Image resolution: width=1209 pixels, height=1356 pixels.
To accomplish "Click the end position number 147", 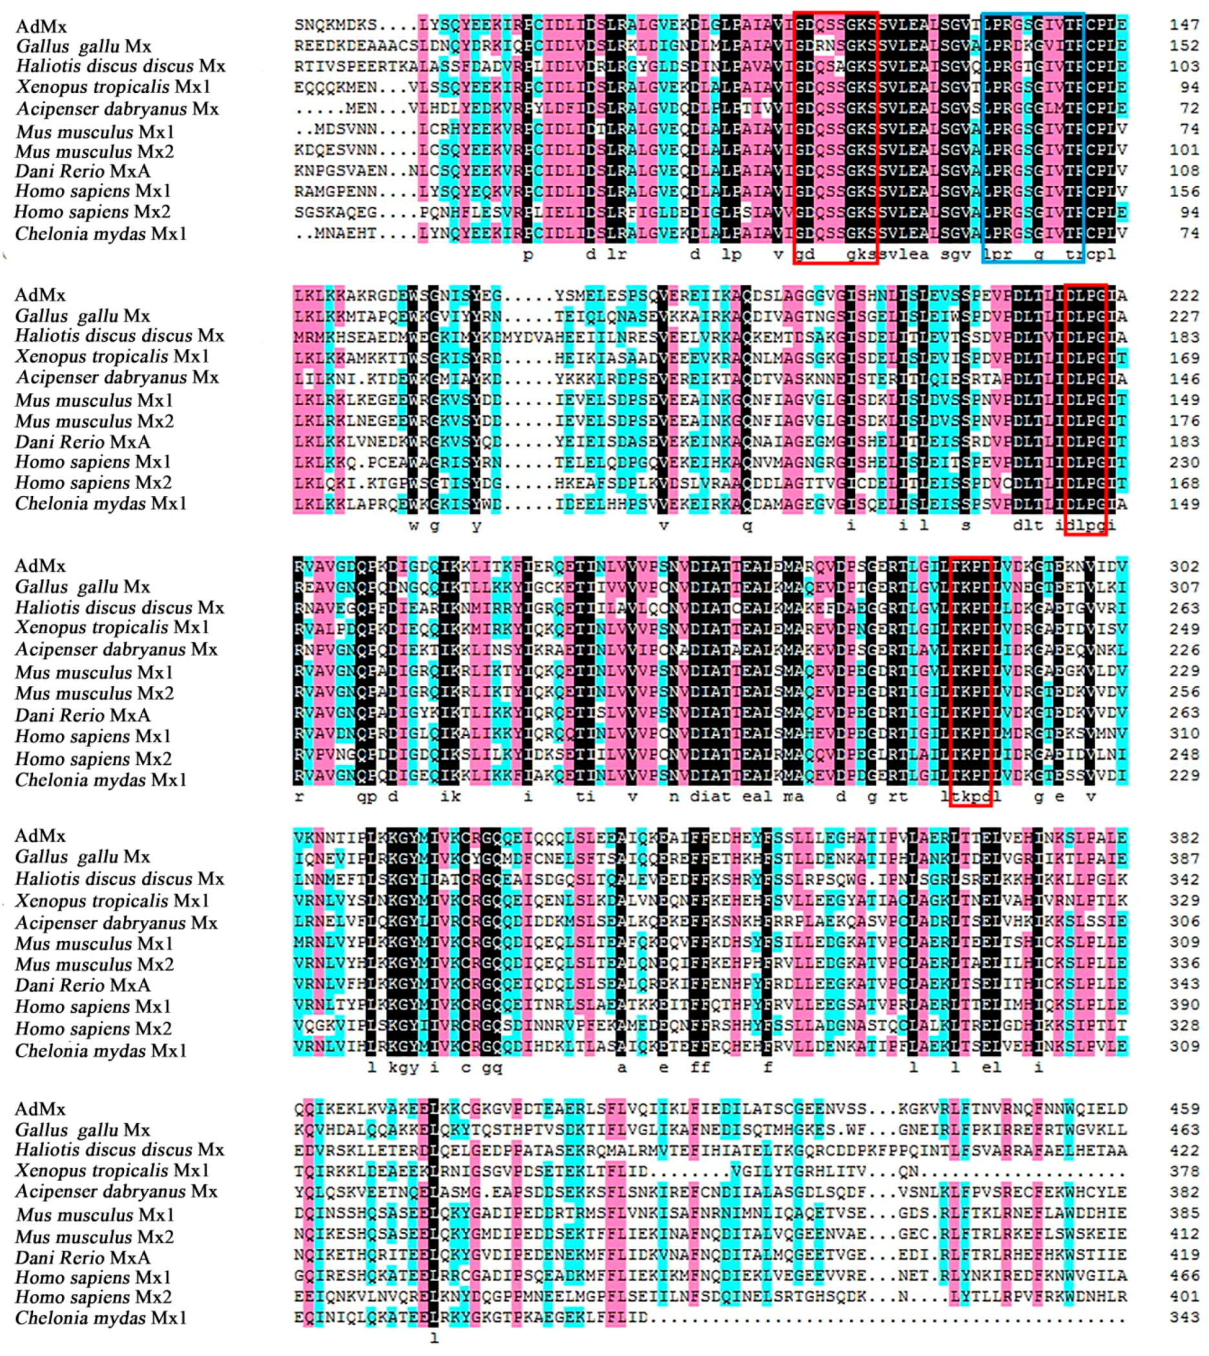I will click(x=1185, y=25).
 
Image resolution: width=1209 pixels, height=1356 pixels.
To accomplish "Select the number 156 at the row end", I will click(x=1185, y=192).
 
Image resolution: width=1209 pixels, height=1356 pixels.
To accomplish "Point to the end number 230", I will click(x=1185, y=463).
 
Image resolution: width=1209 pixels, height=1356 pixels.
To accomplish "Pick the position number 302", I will click(x=1185, y=567).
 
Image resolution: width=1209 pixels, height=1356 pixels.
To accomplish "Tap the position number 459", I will click(x=1185, y=1109).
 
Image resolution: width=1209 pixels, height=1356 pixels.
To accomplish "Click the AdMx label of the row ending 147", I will click(x=41, y=26).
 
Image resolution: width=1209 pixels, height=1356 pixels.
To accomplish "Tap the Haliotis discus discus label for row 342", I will click(x=120, y=879).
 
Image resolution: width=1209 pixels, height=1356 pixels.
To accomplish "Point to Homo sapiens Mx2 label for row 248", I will click(x=93, y=758).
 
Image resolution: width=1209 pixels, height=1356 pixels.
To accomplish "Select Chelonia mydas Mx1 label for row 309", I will click(x=101, y=1050).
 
